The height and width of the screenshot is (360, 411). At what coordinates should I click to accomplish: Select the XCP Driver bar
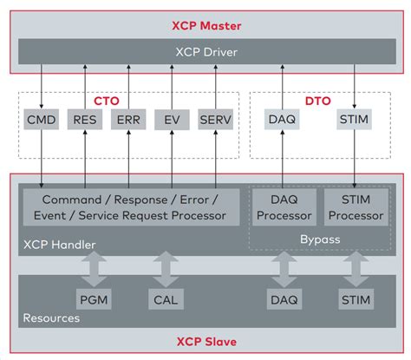(205, 51)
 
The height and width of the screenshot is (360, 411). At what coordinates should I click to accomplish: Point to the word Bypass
(320, 237)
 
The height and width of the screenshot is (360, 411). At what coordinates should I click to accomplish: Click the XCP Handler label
(58, 245)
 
